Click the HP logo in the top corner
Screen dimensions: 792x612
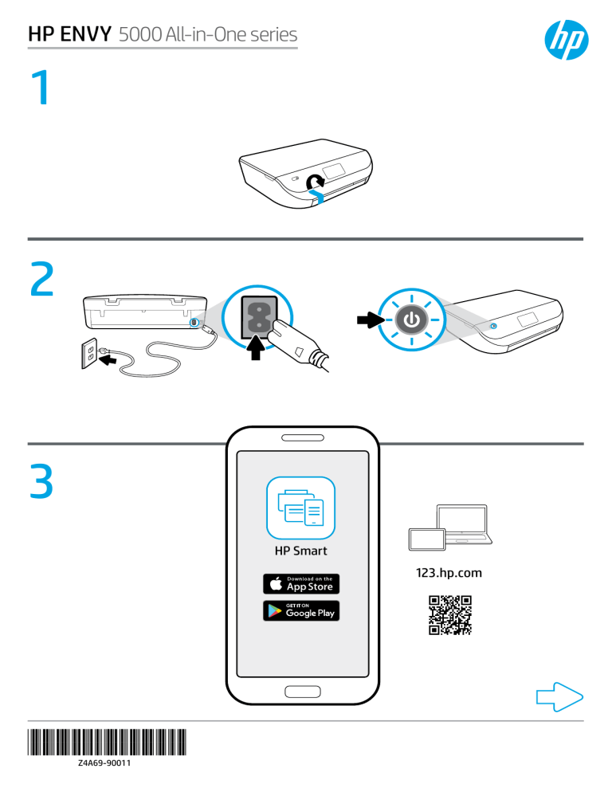pos(563,37)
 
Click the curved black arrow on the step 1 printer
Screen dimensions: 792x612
pos(316,183)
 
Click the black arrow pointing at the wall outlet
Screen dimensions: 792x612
pos(117,360)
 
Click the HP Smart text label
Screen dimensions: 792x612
pos(300,551)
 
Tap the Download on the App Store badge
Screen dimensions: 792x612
pos(301,583)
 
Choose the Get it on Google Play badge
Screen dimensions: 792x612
pos(301,611)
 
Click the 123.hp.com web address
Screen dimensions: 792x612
pos(449,572)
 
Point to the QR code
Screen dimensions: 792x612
pos(450,615)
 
